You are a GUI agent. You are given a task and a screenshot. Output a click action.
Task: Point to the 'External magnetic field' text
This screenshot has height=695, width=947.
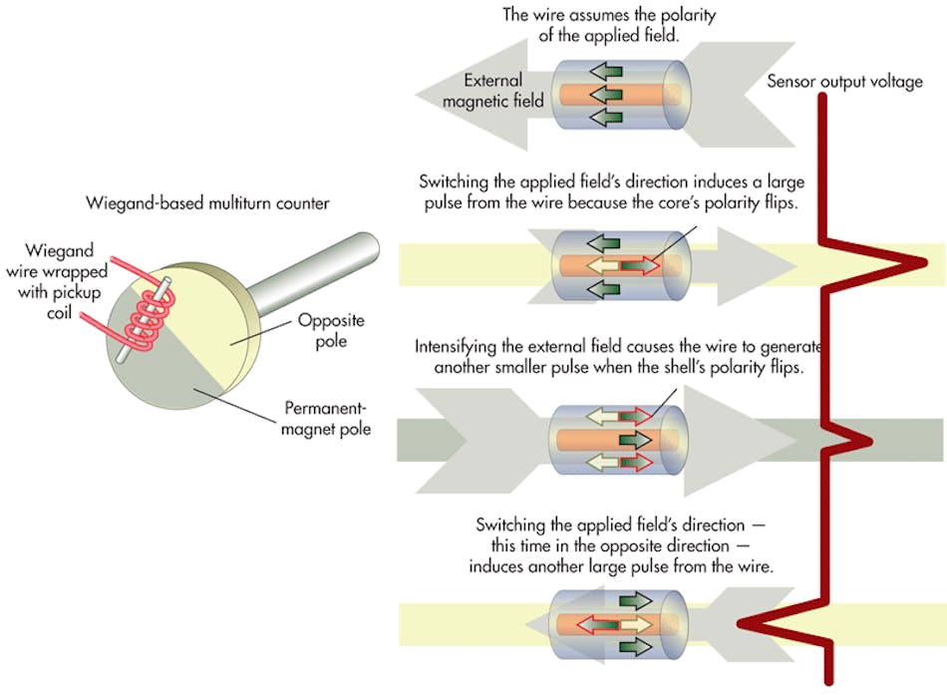tap(502, 91)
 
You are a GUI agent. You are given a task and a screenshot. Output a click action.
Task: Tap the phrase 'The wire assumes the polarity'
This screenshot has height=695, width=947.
tap(611, 15)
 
